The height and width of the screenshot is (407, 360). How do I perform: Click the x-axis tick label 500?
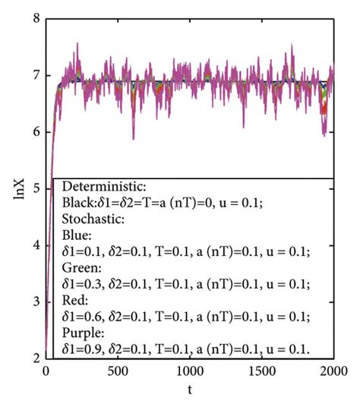click(117, 372)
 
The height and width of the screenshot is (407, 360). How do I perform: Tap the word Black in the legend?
click(77, 204)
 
